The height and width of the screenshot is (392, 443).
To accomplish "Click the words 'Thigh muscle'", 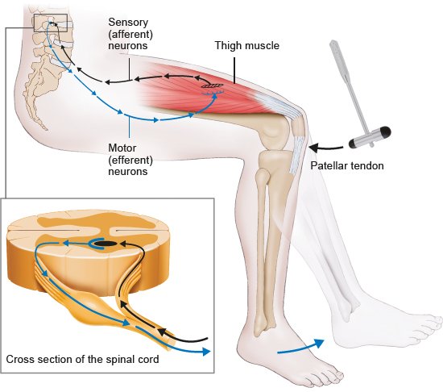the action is pos(247,45).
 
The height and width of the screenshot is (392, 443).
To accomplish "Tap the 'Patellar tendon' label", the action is pos(347,165).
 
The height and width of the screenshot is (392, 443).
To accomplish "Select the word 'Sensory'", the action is pos(128,23).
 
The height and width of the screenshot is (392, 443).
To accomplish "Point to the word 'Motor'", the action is pos(122,148).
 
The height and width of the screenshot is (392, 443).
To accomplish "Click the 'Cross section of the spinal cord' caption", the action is pos(82,359).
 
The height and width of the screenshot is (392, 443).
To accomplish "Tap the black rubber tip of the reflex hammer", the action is pos(385,131).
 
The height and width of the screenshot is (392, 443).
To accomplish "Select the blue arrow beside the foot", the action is pos(300,348).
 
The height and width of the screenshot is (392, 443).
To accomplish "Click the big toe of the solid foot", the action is pos(335,375).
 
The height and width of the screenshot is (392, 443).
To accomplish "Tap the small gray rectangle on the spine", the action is pos(51,23).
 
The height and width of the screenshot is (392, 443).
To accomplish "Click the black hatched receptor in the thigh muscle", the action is pos(212,85).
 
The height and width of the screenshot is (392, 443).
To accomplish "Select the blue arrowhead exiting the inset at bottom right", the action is pos(206,352).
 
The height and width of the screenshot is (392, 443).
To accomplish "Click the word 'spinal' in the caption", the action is pos(121,360).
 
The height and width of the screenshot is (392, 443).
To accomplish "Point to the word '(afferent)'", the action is pos(130,34).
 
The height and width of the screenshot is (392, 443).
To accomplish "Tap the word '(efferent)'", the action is pos(130,160).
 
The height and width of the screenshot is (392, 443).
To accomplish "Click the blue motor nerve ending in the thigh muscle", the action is pos(213,93).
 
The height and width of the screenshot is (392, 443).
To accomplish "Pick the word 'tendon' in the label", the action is pos(368,165).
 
